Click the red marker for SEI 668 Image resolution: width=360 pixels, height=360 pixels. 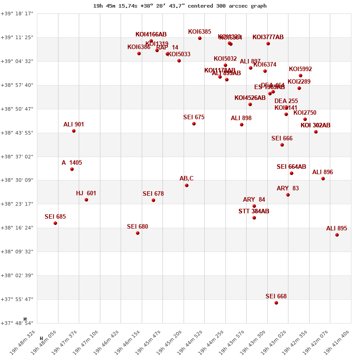pos(276,303)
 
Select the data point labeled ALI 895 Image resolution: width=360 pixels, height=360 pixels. pos(337,235)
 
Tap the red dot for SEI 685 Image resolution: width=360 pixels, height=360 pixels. pos(55,223)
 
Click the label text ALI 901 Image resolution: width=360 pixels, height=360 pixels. pos(74,125)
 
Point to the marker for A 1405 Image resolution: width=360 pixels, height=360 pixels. pos(72,169)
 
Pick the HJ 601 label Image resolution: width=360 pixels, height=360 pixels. pos(86,193)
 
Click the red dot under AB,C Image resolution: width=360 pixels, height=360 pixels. pos(187,185)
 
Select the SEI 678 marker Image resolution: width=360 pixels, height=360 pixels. pos(153,200)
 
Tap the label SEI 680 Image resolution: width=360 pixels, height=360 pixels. pos(137,227)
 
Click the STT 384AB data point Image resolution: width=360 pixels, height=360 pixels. pos(254,218)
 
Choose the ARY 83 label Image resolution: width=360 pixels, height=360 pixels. pos(288,189)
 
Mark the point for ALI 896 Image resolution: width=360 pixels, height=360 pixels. pos(323,179)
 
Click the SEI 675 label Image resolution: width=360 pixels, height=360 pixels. pos(193,117)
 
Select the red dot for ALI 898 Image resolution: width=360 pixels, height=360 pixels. pos(242,125)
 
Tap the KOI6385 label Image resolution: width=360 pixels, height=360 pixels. pos(199,32)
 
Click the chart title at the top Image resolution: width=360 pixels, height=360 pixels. pos(180,6)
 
